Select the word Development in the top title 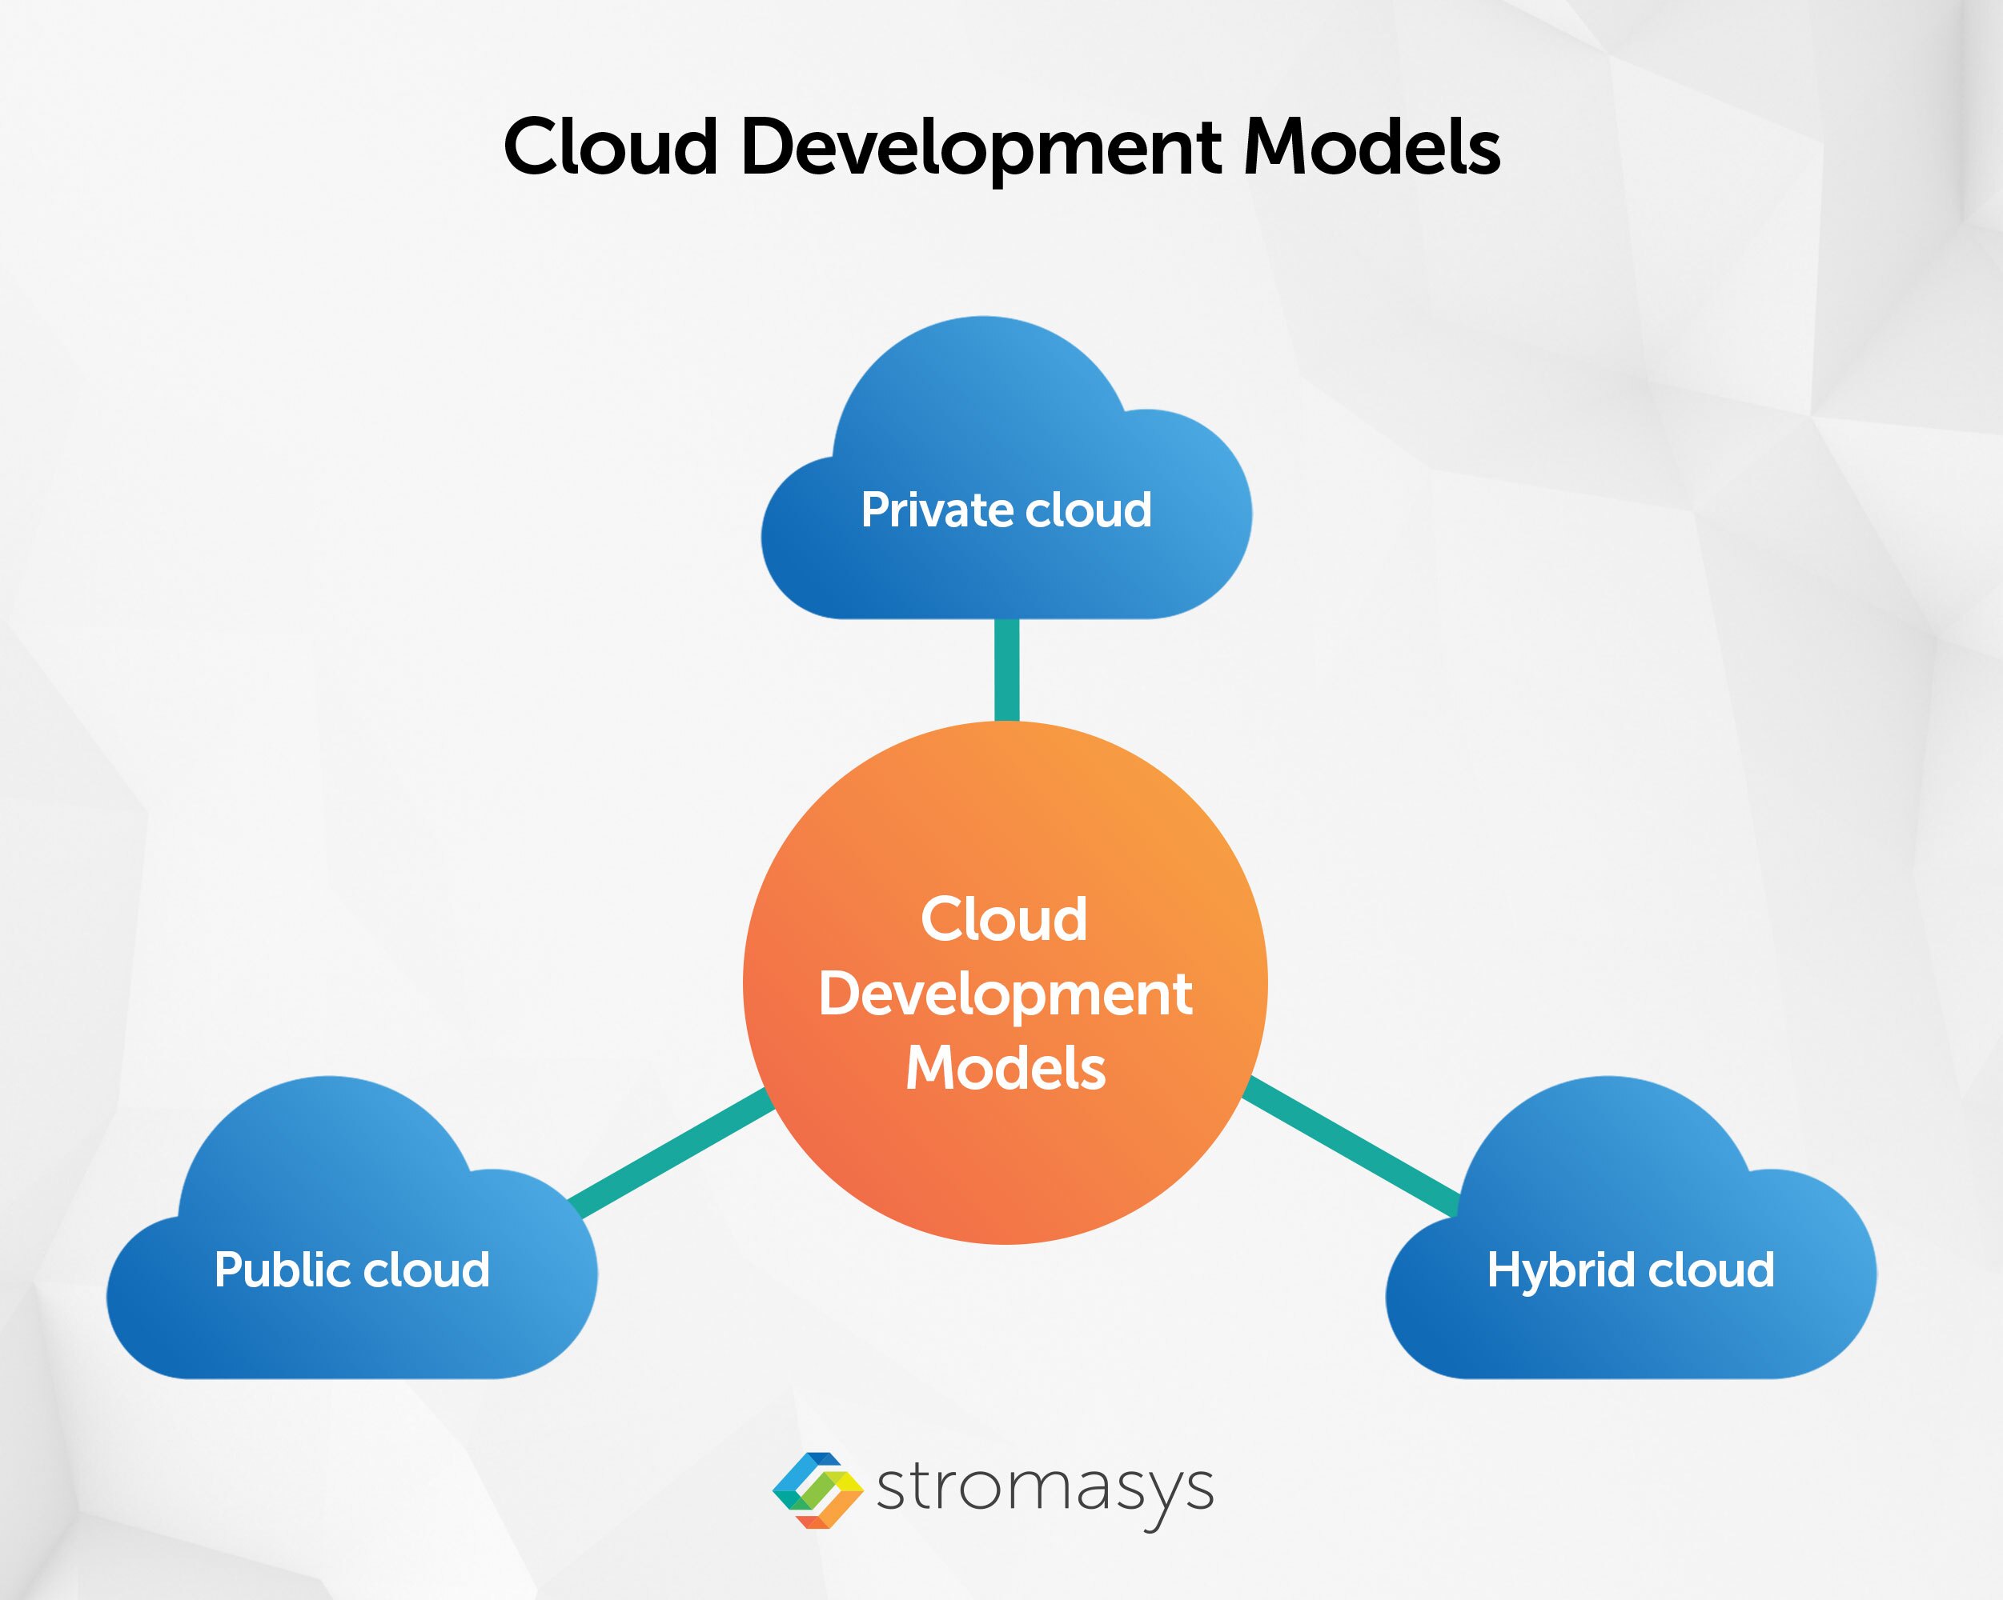(x=981, y=149)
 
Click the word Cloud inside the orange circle (x=1004, y=919)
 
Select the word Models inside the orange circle (x=1006, y=1068)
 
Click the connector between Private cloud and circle (x=1006, y=669)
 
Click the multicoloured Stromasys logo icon (x=817, y=1490)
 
